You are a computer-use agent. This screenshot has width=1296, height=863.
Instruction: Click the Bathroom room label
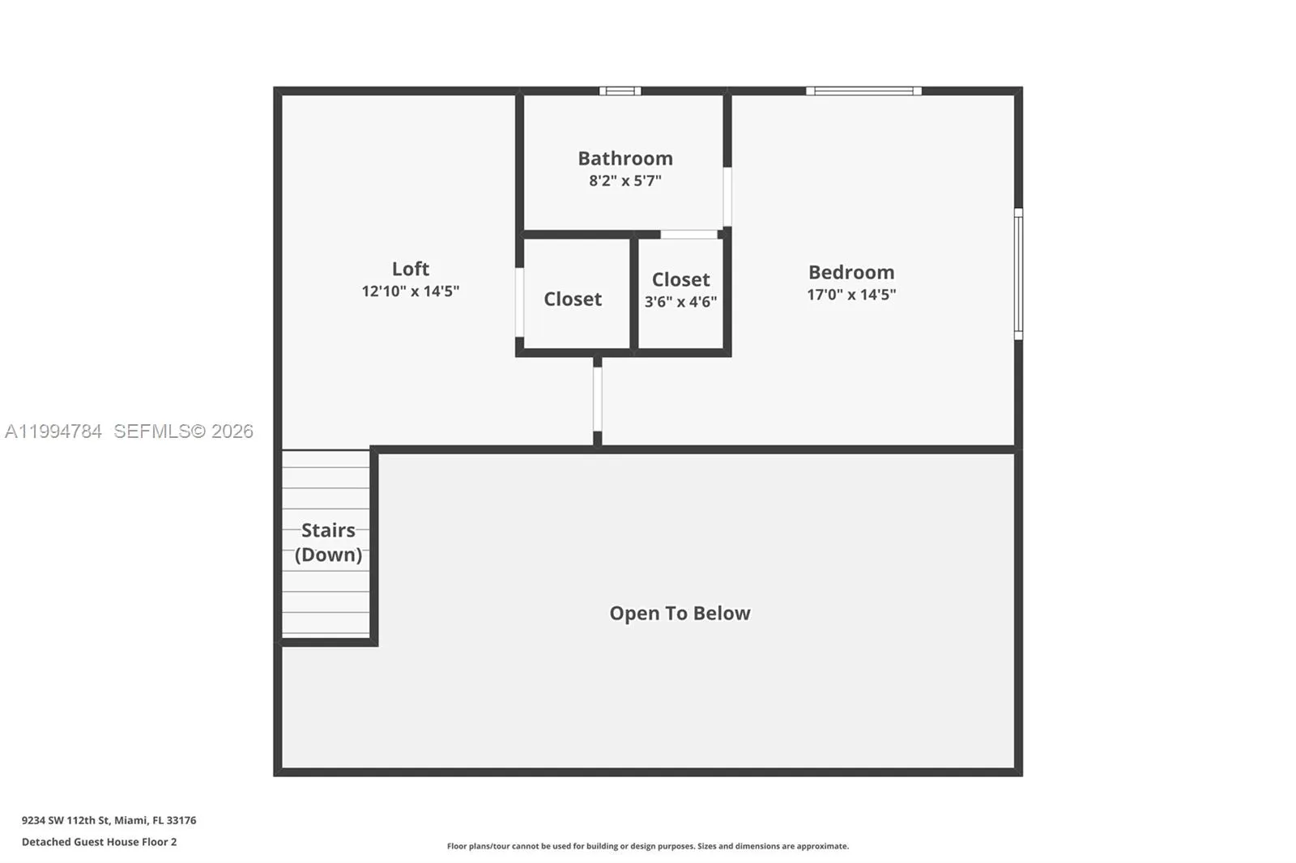click(625, 158)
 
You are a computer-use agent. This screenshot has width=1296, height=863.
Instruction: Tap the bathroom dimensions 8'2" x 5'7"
click(625, 181)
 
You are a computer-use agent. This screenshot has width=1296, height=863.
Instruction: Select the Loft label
click(410, 268)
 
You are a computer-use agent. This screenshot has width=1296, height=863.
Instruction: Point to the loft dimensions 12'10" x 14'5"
click(410, 291)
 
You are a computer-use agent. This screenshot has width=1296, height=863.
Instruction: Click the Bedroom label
click(850, 272)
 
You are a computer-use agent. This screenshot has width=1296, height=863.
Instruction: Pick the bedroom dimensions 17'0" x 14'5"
click(850, 295)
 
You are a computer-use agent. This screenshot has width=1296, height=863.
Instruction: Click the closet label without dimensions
click(572, 299)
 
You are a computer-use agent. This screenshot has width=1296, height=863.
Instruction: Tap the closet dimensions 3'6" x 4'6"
click(680, 302)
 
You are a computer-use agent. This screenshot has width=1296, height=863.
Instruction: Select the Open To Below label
click(680, 613)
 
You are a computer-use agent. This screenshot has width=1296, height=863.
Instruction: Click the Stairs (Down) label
click(328, 542)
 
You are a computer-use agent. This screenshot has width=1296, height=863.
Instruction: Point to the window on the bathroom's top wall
click(620, 91)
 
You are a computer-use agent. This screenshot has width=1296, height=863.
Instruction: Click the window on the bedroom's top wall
click(863, 91)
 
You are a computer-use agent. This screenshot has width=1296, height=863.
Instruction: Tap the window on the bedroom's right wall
click(1018, 274)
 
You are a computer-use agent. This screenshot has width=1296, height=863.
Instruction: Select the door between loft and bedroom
click(597, 399)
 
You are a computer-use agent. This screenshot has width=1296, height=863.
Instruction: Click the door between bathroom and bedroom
click(727, 197)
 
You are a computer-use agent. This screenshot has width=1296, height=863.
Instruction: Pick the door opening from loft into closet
click(519, 301)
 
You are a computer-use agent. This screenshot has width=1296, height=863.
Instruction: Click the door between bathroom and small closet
click(688, 234)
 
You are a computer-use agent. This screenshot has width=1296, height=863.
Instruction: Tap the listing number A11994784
click(53, 431)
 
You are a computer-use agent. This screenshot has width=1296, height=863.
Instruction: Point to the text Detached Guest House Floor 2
click(99, 842)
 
